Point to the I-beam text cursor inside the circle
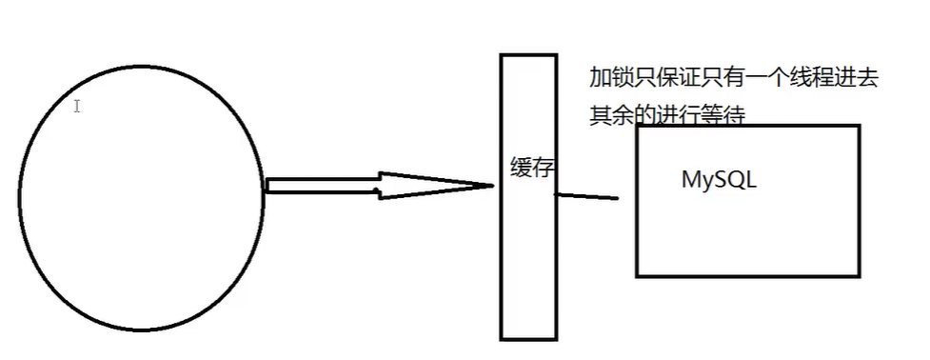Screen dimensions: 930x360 [x=77, y=107]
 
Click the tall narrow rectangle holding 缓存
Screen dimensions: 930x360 [x=527, y=286]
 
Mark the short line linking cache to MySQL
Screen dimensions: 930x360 [x=586, y=197]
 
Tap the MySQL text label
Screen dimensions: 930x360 [x=719, y=180]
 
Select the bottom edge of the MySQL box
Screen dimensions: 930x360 [x=747, y=275]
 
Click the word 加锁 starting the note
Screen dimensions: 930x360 [x=611, y=79]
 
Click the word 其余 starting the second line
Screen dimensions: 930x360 [x=611, y=114]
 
